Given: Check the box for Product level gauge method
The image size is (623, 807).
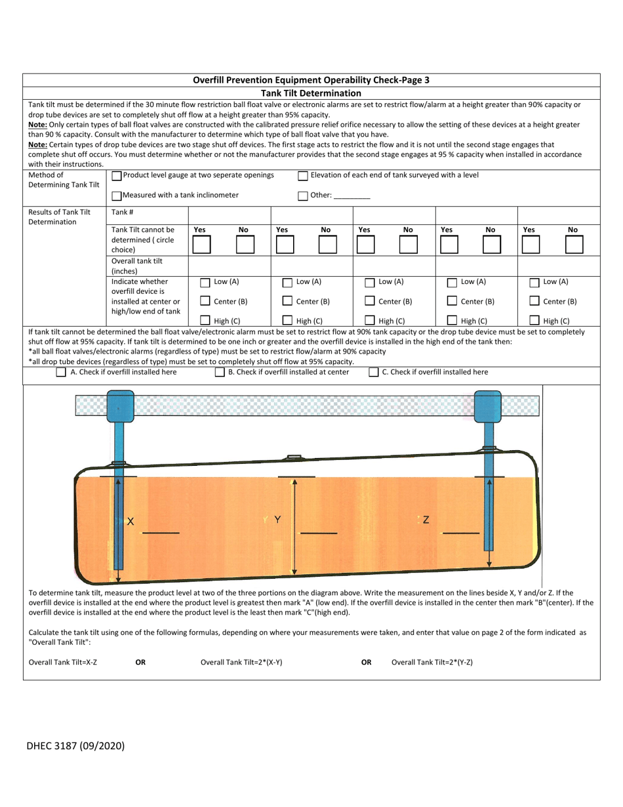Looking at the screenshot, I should pyautogui.click(x=117, y=176).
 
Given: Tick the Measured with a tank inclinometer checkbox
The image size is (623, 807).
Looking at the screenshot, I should pyautogui.click(x=117, y=195).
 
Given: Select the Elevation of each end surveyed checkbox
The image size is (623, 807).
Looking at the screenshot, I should pyautogui.click(x=303, y=176).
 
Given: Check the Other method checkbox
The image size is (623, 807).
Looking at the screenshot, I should pyautogui.click(x=303, y=195).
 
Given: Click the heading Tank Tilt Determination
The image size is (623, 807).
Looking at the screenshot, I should pyautogui.click(x=311, y=93).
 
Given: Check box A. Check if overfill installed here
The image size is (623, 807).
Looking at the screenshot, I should pyautogui.click(x=61, y=373).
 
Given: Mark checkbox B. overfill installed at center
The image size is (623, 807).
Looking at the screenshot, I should pyautogui.click(x=220, y=373).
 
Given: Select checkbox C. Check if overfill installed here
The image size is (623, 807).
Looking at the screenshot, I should pyautogui.click(x=373, y=373).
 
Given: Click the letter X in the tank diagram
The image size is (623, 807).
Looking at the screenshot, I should pyautogui.click(x=131, y=522).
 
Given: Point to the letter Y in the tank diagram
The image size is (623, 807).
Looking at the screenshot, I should pyautogui.click(x=277, y=520).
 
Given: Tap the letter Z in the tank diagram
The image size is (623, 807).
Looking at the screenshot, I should pyautogui.click(x=426, y=520).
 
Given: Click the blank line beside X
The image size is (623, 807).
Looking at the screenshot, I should pyautogui.click(x=160, y=532).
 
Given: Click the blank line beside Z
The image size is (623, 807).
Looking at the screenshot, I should pyautogui.click(x=461, y=532).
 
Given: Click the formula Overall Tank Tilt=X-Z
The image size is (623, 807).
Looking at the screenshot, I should pyautogui.click(x=63, y=662).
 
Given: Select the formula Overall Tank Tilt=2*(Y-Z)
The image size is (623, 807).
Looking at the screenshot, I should pyautogui.click(x=432, y=662).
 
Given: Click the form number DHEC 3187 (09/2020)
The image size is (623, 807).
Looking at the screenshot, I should pyautogui.click(x=75, y=745).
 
